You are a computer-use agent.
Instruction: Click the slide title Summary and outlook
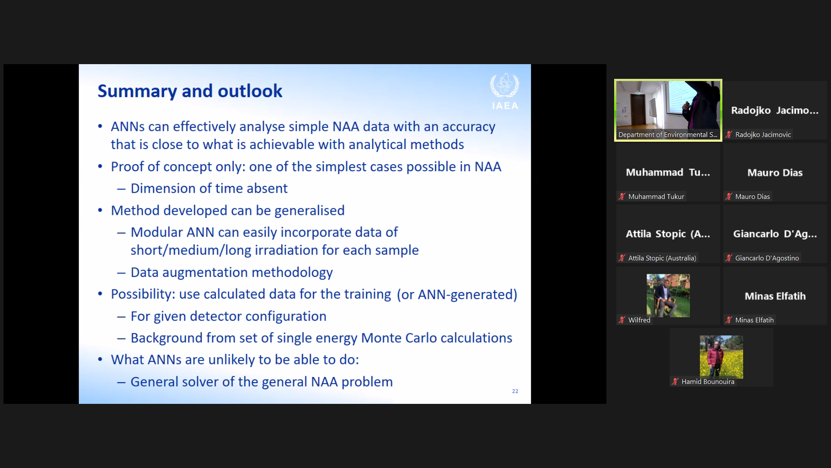point(190,91)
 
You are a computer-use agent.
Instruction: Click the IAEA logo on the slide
point(504,91)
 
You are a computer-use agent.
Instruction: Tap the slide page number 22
point(515,391)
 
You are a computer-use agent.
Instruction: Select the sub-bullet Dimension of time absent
point(209,188)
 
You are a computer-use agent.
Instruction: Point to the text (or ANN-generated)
point(457,295)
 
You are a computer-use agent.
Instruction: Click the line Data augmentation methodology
point(232,273)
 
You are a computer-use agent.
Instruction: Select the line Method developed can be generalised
point(228,211)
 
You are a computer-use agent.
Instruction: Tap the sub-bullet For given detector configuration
point(229,316)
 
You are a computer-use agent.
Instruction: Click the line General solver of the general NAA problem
point(262,382)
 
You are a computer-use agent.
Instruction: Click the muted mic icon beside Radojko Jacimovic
point(729,135)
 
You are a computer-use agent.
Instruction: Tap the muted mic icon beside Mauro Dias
point(729,197)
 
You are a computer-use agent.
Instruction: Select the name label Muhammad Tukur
point(656,197)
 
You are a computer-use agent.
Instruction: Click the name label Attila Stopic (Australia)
point(662,258)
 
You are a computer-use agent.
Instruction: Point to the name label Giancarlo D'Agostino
point(767,258)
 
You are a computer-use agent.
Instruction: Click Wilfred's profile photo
point(668,296)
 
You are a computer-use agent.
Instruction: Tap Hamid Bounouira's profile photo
point(721,357)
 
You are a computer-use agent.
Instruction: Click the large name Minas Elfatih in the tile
point(775,296)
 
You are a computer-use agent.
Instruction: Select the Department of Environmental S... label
point(668,135)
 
